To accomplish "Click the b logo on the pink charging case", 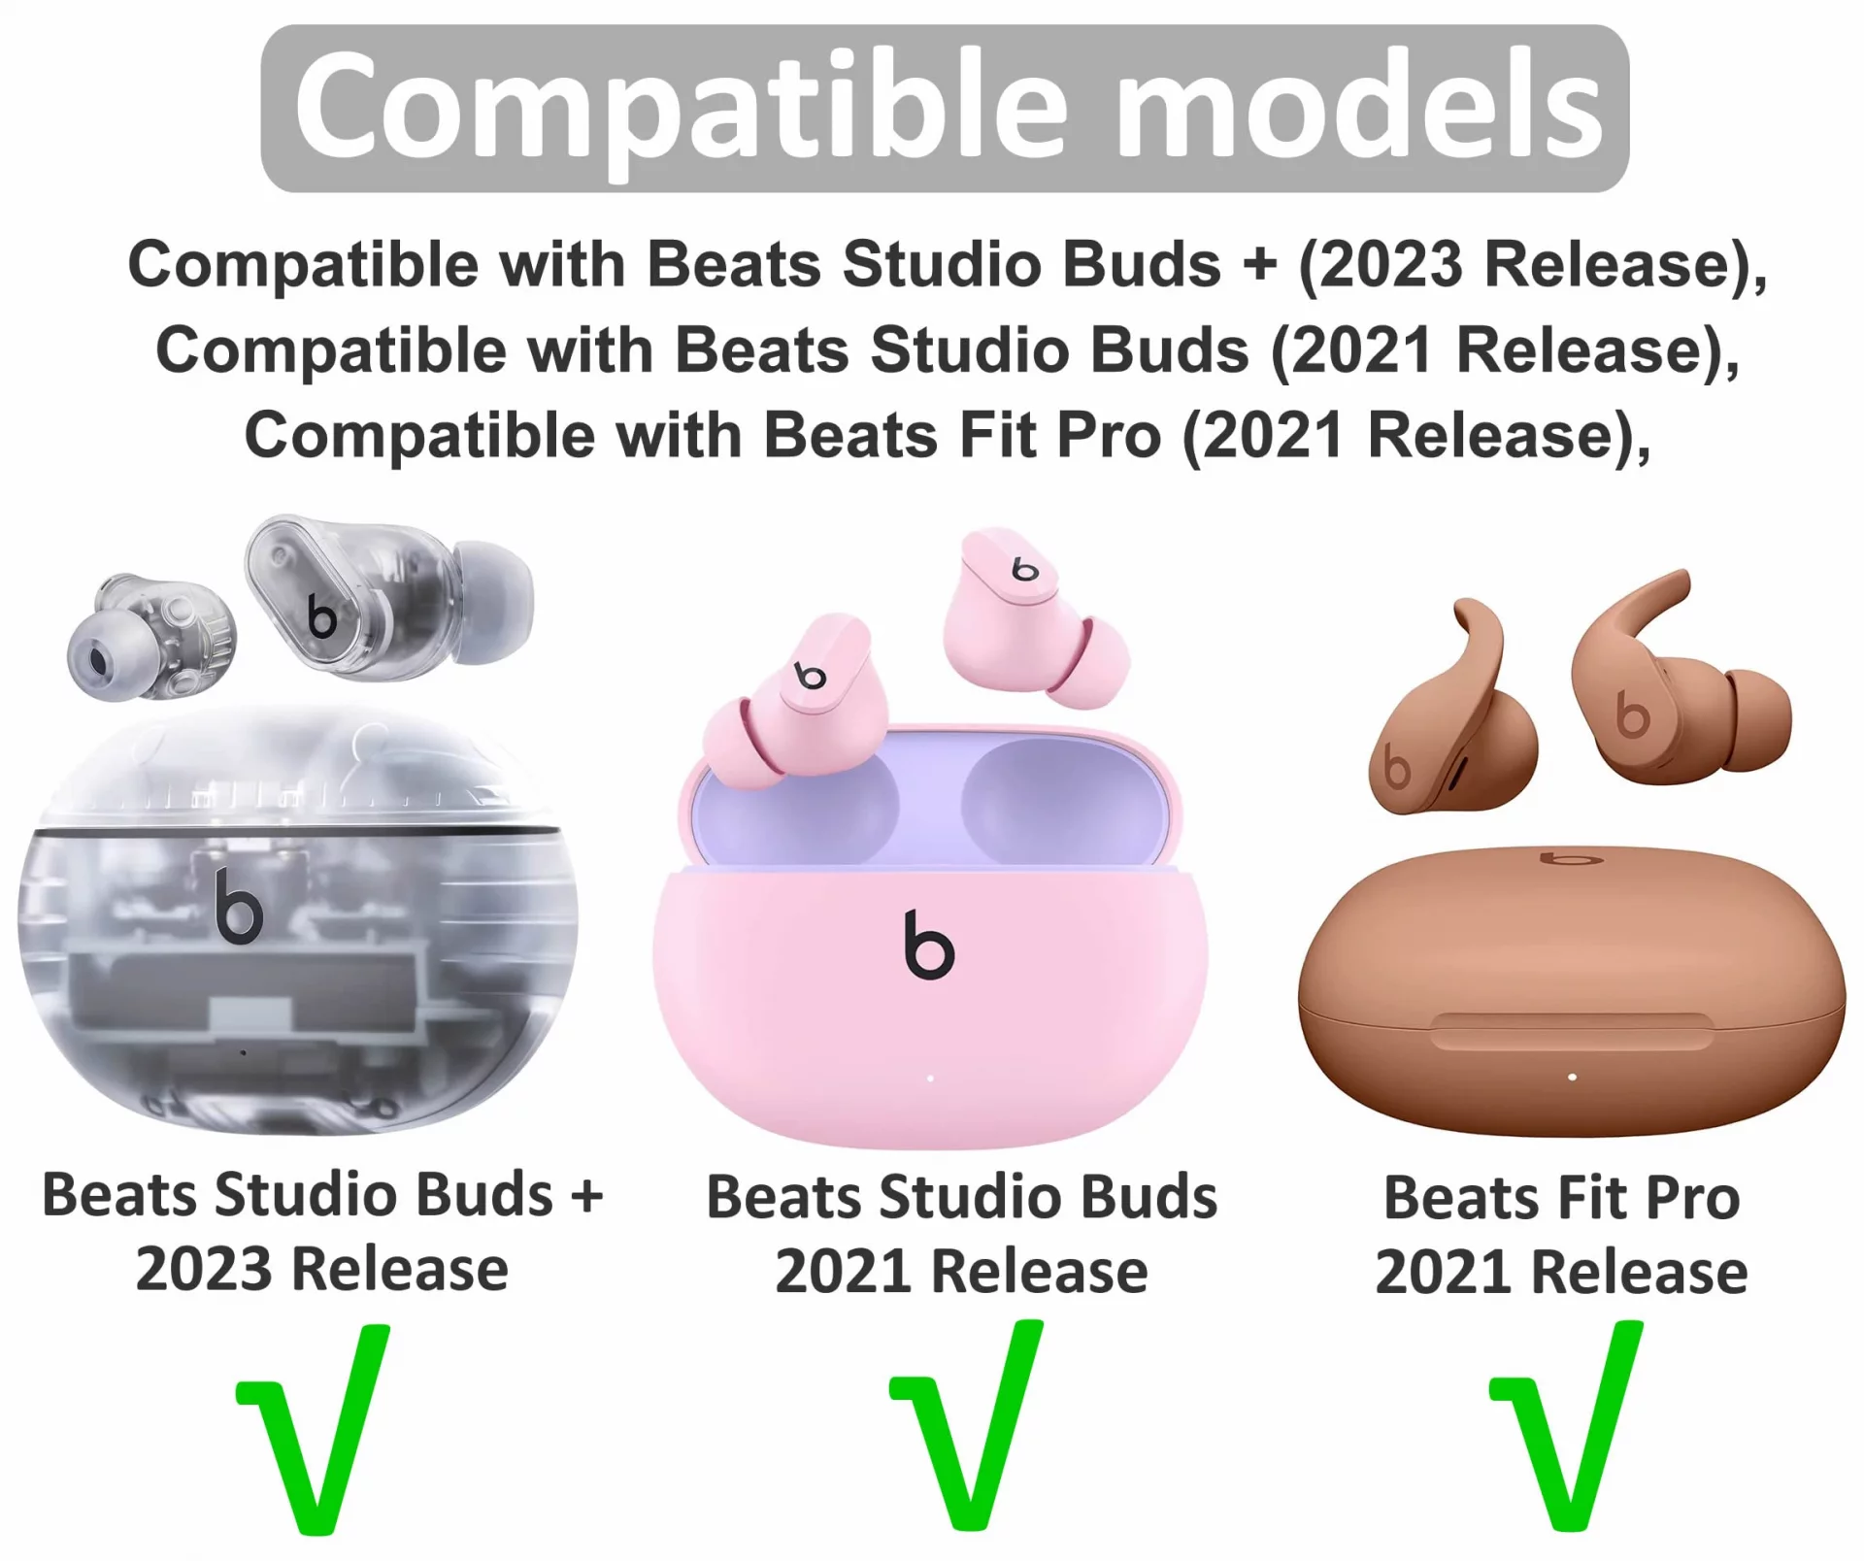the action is click(x=928, y=944).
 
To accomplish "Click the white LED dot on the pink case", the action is click(x=930, y=1078).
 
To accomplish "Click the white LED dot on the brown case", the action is click(x=1572, y=1077).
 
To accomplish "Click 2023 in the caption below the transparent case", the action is click(x=204, y=1269).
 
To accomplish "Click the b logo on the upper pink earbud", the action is click(x=1024, y=569).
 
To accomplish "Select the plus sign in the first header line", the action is click(x=1259, y=264).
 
